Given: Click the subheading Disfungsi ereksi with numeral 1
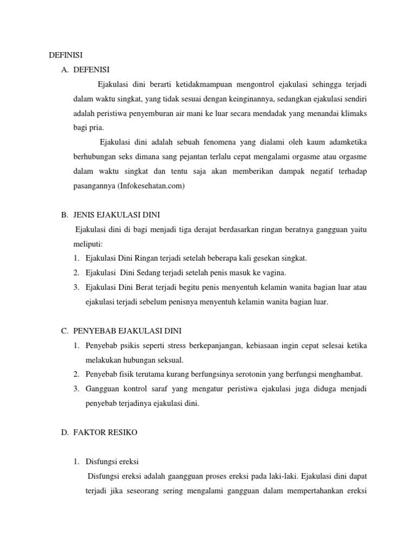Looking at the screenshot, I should tap(112, 462).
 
